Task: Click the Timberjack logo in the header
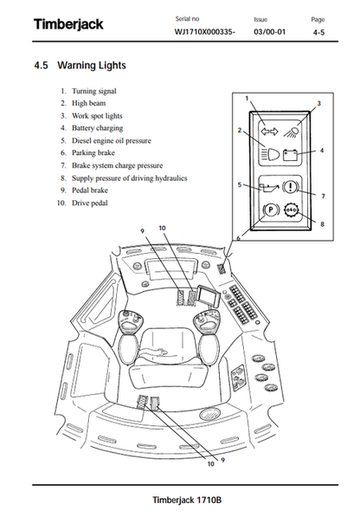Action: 68,24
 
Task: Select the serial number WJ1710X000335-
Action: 204,32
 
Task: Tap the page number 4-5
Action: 318,32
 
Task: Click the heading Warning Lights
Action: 92,65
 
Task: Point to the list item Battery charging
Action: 97,128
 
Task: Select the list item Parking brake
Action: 93,152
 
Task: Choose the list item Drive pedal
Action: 90,203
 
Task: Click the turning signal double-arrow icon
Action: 269,132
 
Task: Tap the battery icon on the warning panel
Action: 291,155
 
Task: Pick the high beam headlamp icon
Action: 269,153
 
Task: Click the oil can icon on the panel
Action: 268,188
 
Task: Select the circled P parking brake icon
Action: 270,210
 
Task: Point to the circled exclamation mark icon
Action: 290,187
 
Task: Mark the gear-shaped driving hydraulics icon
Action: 291,210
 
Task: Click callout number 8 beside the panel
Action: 323,224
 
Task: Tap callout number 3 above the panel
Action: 318,104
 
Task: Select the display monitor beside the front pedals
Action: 208,297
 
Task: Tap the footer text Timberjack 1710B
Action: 187,501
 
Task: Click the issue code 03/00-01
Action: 269,32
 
